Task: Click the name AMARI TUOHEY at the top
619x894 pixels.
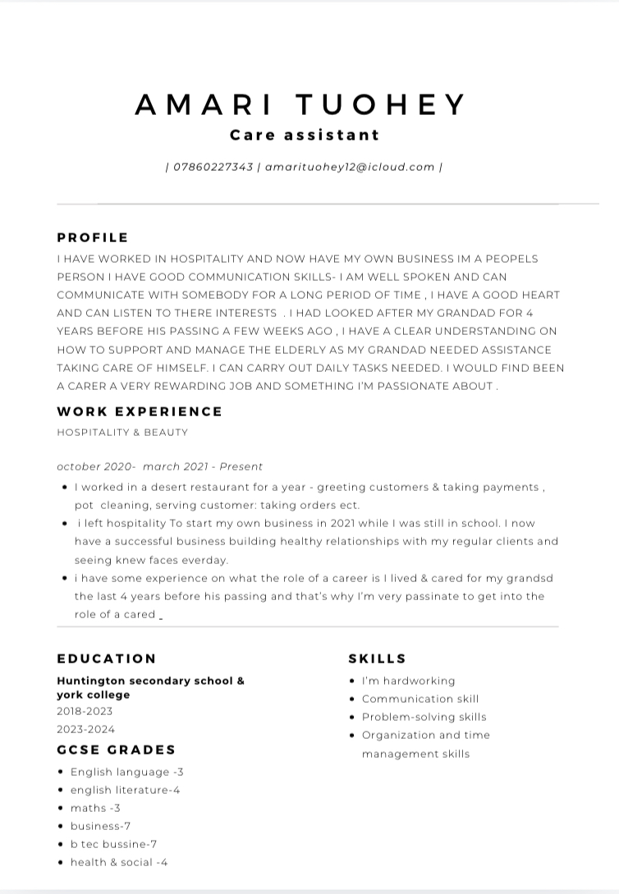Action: click(x=301, y=104)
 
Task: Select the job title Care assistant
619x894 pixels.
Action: click(x=305, y=135)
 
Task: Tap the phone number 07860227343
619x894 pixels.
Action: click(x=213, y=167)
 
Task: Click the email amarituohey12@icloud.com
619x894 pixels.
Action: click(x=350, y=167)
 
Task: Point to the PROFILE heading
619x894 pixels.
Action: click(x=93, y=237)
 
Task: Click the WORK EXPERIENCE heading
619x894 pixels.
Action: click(x=140, y=411)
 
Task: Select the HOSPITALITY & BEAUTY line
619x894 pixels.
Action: click(x=122, y=432)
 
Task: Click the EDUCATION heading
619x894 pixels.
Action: click(x=107, y=658)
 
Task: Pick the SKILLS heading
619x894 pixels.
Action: click(x=378, y=658)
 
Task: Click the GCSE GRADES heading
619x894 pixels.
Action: click(x=117, y=750)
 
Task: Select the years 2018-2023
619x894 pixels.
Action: click(x=85, y=711)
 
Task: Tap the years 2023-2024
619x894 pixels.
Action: click(x=86, y=729)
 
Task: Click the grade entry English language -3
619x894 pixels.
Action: click(x=126, y=772)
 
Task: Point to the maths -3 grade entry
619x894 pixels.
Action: click(x=95, y=808)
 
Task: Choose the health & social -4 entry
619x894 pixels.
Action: click(x=119, y=862)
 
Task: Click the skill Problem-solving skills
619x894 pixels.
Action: click(x=424, y=717)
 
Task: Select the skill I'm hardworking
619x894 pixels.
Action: click(x=408, y=681)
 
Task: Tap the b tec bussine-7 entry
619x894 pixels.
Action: click(x=113, y=844)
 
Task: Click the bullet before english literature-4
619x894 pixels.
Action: click(x=62, y=790)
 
